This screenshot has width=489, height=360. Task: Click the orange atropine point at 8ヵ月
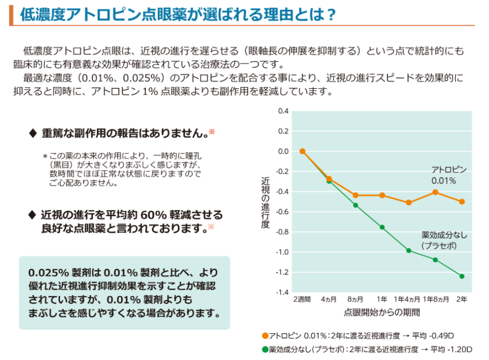pyautogui.click(x=355, y=195)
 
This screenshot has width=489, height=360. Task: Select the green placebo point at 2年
pyautogui.click(x=462, y=276)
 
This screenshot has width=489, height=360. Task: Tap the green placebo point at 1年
pyautogui.click(x=382, y=227)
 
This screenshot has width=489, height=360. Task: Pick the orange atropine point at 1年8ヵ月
pyautogui.click(x=435, y=192)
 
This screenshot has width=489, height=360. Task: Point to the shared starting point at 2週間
pyautogui.click(x=302, y=151)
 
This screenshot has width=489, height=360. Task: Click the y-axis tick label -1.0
pyautogui.click(x=283, y=252)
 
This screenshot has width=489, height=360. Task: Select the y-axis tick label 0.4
pyautogui.click(x=284, y=111)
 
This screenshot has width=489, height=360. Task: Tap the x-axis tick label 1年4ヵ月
pyautogui.click(x=407, y=299)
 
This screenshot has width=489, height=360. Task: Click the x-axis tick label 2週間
pyautogui.click(x=302, y=299)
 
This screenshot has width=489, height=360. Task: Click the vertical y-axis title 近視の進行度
pyautogui.click(x=266, y=202)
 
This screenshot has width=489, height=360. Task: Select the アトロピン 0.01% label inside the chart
pyautogui.click(x=448, y=175)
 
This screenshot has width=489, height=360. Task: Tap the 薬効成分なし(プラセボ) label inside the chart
pyautogui.click(x=444, y=240)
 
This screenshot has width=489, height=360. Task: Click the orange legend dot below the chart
pyautogui.click(x=265, y=336)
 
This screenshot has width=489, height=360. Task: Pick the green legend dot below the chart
pyautogui.click(x=265, y=349)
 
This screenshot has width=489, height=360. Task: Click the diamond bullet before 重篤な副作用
pyautogui.click(x=33, y=133)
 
